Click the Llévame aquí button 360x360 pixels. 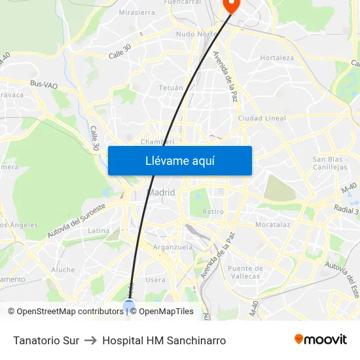[x=179, y=160]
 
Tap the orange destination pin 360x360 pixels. [x=232, y=5]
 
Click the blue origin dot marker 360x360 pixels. [x=128, y=305]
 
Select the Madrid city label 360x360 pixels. [x=161, y=192]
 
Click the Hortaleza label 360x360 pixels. [x=276, y=58]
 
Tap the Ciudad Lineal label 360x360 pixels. [x=262, y=118]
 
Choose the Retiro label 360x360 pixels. [x=213, y=211]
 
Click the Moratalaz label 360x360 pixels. [x=272, y=225]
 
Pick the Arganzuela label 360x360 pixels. [x=172, y=247]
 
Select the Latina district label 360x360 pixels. [x=99, y=230]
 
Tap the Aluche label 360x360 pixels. [x=63, y=269]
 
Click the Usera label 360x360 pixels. [x=156, y=279]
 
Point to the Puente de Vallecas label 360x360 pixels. [x=245, y=272]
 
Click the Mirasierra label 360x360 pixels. [x=137, y=12]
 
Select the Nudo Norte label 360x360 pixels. [x=196, y=33]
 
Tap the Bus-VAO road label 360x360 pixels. [x=44, y=84]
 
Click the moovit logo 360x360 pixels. [x=320, y=340]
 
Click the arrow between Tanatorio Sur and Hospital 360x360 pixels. [x=90, y=340]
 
